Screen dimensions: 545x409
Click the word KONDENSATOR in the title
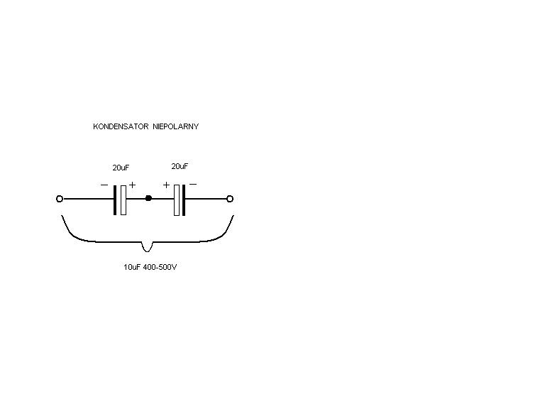click(x=121, y=126)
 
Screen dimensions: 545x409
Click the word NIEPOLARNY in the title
click(x=176, y=126)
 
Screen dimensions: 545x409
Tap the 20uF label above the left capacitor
click(x=121, y=168)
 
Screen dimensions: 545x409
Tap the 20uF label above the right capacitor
click(x=180, y=166)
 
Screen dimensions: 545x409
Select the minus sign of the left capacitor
click(x=104, y=185)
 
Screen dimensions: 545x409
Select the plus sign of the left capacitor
click(x=133, y=185)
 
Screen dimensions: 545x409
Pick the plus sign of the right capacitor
click(x=166, y=185)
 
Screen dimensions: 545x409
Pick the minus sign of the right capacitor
click(x=193, y=185)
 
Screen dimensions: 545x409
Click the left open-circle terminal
click(x=60, y=199)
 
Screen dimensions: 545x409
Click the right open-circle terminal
click(x=230, y=199)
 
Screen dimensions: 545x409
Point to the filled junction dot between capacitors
click(x=148, y=198)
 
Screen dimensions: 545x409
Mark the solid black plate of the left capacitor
click(x=115, y=200)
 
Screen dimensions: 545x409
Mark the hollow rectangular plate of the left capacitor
click(x=123, y=200)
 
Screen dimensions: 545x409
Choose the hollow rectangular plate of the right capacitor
click(x=177, y=200)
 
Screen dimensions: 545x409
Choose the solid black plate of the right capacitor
click(x=184, y=200)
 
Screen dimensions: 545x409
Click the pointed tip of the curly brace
click(x=147, y=251)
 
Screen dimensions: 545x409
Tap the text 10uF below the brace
click(x=132, y=267)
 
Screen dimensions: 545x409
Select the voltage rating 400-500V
click(x=160, y=267)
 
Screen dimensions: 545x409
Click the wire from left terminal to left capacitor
click(x=88, y=199)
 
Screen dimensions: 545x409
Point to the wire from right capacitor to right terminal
click(x=206, y=199)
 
